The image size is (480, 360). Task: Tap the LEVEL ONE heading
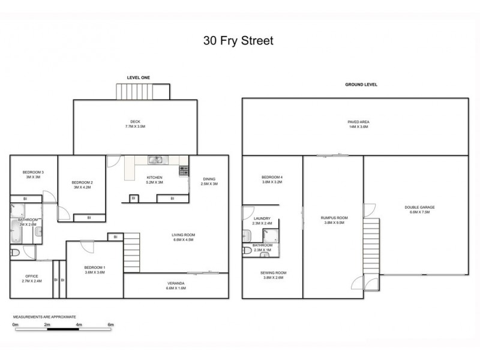click(x=138, y=77)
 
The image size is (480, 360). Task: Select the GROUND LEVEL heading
click(x=361, y=85)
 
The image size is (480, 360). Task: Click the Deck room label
click(x=135, y=124)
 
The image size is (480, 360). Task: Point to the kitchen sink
click(x=155, y=160)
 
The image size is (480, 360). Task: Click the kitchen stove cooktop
click(x=183, y=171)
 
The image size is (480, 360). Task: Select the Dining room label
click(x=209, y=181)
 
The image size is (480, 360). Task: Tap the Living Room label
click(x=184, y=238)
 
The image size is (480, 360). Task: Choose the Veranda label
click(x=175, y=286)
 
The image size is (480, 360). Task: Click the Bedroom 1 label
click(x=95, y=269)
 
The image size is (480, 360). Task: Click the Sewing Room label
click(x=273, y=275)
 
